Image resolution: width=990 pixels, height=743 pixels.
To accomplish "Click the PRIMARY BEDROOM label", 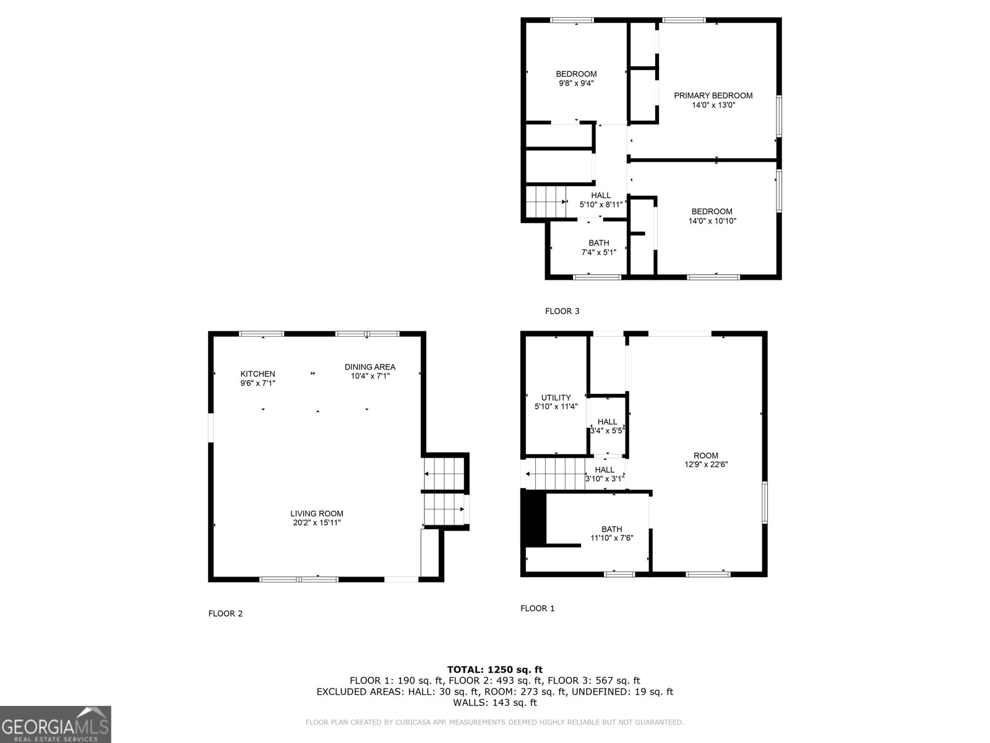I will (713, 96).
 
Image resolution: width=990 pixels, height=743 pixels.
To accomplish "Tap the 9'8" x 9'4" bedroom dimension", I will (576, 84).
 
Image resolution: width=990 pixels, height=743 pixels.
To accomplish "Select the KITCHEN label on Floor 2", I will (257, 374).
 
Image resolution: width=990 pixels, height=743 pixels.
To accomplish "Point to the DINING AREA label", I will (370, 367).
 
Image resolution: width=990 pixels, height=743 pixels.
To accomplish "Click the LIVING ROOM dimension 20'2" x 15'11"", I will (317, 523).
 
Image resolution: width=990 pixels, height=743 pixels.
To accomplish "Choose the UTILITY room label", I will (556, 398).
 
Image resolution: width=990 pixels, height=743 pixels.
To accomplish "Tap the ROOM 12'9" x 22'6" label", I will (705, 460).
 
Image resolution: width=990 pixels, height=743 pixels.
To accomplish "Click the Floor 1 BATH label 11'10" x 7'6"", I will (611, 533).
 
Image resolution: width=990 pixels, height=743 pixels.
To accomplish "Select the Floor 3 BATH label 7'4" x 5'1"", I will (598, 247).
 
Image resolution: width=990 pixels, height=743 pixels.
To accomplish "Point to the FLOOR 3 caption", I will (562, 311).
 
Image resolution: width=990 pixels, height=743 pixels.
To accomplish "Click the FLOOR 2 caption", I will (225, 614).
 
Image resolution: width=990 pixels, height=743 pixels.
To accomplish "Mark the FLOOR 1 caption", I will (537, 609).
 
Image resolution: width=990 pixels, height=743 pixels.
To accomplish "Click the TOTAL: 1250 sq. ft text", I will (494, 669).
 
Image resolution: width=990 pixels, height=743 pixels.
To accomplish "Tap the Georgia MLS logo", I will (55, 724).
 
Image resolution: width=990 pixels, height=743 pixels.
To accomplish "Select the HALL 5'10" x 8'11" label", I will (600, 199).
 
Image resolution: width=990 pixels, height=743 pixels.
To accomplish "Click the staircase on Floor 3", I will (546, 202).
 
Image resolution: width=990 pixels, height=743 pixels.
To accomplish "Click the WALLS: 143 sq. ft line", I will (494, 703).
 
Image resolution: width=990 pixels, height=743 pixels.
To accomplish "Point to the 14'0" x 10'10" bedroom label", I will (712, 216).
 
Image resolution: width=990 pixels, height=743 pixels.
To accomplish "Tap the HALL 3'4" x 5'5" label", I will (607, 426).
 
